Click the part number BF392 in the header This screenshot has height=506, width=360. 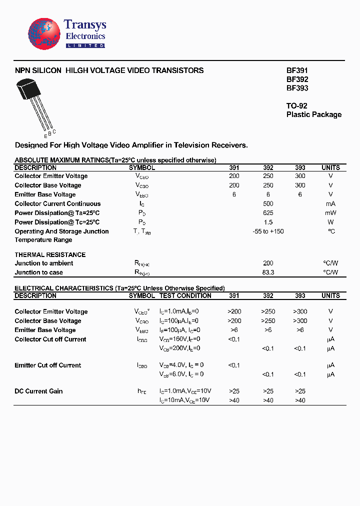(x=297, y=79)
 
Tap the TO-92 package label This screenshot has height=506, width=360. (x=296, y=106)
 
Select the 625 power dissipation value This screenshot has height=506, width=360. (x=268, y=213)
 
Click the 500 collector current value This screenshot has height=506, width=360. (x=268, y=204)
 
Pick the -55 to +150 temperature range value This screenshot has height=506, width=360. (x=268, y=231)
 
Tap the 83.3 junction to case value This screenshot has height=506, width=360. (x=268, y=272)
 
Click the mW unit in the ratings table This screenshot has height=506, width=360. (x=330, y=213)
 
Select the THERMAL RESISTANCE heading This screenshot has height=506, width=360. (x=50, y=255)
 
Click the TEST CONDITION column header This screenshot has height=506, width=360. (x=185, y=296)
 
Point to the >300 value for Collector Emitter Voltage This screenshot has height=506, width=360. (x=300, y=311)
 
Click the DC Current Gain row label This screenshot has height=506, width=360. (x=38, y=391)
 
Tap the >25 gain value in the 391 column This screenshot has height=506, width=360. (x=234, y=391)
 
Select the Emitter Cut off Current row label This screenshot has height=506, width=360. (x=47, y=365)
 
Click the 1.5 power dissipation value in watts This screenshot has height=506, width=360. (x=268, y=222)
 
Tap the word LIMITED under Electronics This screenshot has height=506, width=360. (x=85, y=45)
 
